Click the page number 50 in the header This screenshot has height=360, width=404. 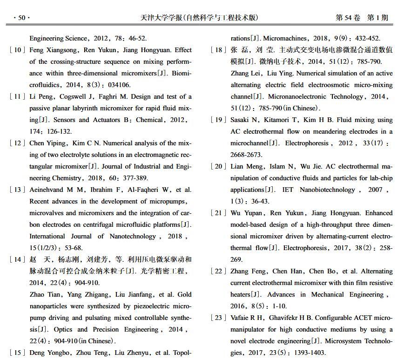(x=21, y=18)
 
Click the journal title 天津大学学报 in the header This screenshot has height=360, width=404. (x=162, y=18)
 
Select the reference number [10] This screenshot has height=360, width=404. (x=17, y=50)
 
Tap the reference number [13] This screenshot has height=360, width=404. (x=17, y=190)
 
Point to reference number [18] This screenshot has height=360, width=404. (x=218, y=50)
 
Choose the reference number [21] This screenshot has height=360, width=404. (x=218, y=213)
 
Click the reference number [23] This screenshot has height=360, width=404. (x=218, y=318)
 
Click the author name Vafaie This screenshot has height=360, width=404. (x=241, y=318)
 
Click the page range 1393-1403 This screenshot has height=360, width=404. (x=310, y=353)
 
